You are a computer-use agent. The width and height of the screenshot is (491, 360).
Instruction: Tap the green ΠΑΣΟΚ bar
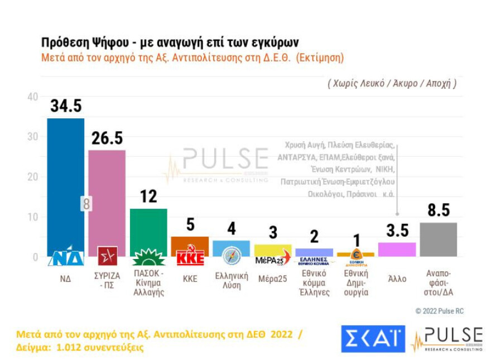[x=148, y=229]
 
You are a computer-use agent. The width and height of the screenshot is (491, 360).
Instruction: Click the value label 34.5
[x=66, y=106]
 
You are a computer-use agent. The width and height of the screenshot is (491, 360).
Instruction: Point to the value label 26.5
[x=107, y=138]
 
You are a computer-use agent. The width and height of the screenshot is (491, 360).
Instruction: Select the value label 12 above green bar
[x=148, y=196]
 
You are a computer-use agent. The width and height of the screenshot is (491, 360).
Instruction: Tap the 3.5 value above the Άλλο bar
[x=398, y=231]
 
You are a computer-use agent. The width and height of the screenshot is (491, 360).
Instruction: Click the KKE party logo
[x=190, y=258]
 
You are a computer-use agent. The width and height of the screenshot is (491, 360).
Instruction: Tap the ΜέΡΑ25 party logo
[x=273, y=260]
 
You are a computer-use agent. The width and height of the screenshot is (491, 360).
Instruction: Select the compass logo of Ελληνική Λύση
[x=231, y=256]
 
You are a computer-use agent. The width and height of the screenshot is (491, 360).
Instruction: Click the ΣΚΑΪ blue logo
[x=373, y=339]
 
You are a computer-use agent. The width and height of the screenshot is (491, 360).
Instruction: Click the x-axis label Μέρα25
[x=272, y=279]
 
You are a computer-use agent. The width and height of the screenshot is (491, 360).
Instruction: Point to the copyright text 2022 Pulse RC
[x=439, y=311]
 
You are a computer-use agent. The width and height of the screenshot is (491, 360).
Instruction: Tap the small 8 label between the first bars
[x=86, y=204]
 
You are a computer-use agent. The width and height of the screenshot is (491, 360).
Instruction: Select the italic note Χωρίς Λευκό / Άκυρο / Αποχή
[x=392, y=83]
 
